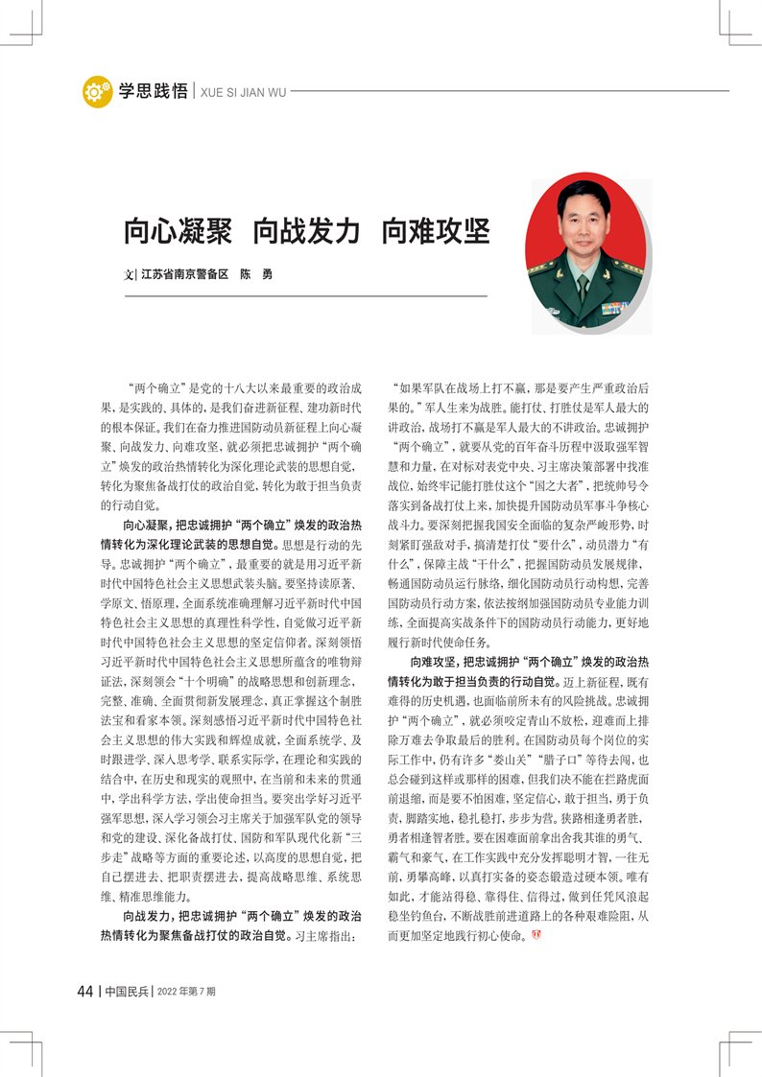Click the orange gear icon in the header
(97, 91)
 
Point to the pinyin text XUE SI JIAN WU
(243, 92)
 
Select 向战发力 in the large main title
(307, 231)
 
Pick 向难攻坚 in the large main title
(437, 231)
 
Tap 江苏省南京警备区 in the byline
(184, 274)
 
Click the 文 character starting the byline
(129, 274)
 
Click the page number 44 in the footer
(85, 991)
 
